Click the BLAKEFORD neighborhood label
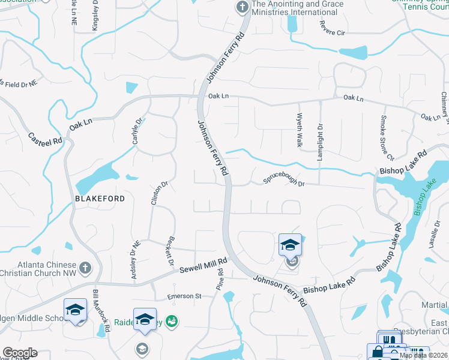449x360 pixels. tap(100, 199)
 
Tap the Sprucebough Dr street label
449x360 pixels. tap(285, 181)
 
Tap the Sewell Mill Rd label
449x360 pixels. tap(204, 265)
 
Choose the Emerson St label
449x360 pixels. tap(184, 296)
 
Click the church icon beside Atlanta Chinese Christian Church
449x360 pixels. tap(85, 267)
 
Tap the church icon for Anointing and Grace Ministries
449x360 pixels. tap(242, 7)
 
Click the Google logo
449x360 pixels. tap(19, 353)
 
